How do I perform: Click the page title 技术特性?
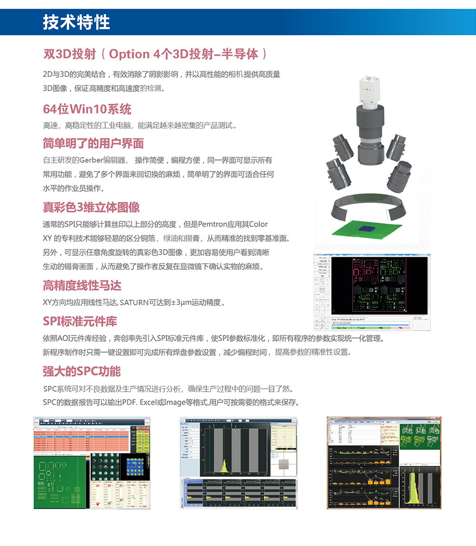[76, 22]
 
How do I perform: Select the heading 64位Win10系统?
[87, 109]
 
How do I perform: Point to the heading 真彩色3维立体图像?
[91, 207]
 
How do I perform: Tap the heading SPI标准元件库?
[80, 321]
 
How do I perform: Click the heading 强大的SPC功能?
[82, 371]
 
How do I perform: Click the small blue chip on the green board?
[367, 229]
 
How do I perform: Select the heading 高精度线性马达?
[82, 285]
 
